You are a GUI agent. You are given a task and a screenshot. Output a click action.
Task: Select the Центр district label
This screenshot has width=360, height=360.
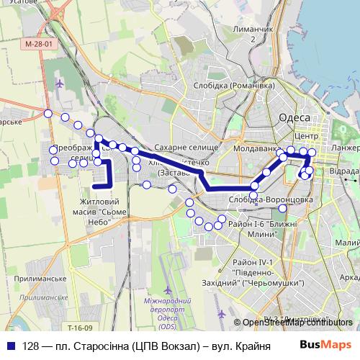click(307, 135)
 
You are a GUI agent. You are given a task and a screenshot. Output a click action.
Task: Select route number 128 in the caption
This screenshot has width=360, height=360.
click(30, 346)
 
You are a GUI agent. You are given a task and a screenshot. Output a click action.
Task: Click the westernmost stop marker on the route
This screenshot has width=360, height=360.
click(48, 113)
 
